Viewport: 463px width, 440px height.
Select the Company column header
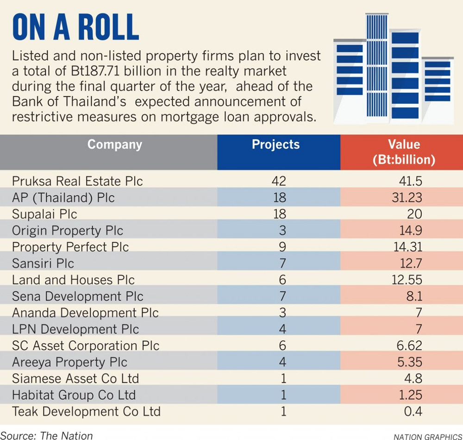tap(114, 145)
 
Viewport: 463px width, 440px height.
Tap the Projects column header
tap(275, 145)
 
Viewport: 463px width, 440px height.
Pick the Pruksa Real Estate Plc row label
tap(77, 181)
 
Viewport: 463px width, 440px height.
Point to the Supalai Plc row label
tap(44, 214)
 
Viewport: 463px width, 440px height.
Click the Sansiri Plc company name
tap(43, 264)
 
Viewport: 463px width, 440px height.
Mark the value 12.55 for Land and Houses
tap(407, 280)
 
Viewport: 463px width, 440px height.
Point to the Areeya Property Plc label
tap(69, 362)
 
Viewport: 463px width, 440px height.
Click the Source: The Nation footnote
tap(46, 435)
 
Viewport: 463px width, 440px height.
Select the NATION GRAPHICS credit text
tap(427, 436)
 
